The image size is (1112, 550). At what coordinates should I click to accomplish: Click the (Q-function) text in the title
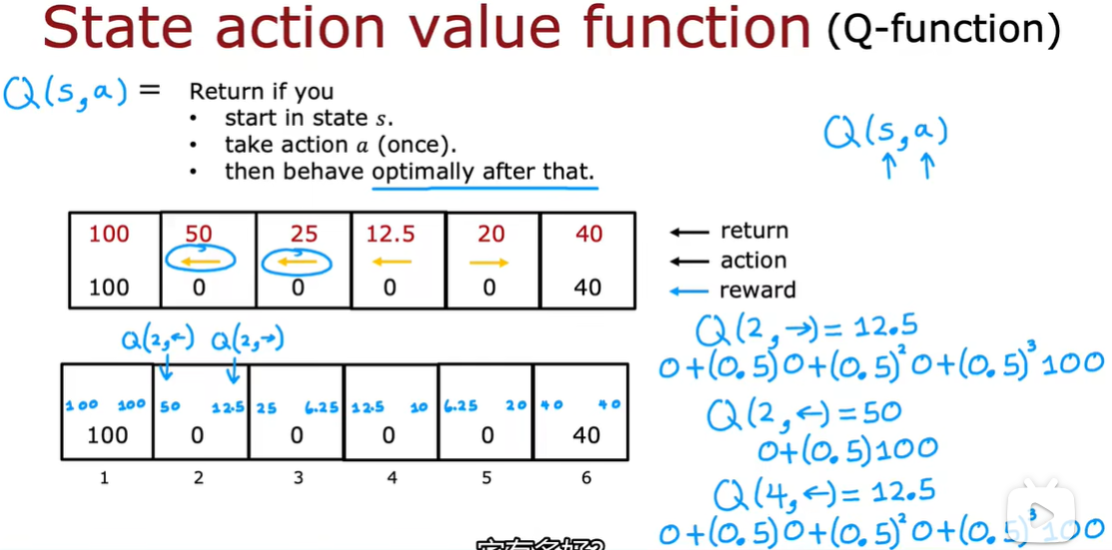coord(943,30)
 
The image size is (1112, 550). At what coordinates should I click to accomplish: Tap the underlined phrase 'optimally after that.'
coord(483,171)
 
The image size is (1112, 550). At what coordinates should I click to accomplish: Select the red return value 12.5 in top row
coord(390,234)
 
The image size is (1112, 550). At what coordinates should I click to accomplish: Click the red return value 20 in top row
coord(490,234)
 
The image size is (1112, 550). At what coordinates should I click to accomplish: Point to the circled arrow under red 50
coord(200,262)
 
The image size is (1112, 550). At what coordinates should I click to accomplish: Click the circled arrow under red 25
coord(296,263)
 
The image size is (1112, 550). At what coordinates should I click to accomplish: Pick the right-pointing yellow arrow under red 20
coord(489,263)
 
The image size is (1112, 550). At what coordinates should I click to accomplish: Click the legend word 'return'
coord(754,231)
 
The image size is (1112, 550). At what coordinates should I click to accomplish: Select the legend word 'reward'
coord(757,290)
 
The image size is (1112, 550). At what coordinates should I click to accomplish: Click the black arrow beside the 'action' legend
coord(689,262)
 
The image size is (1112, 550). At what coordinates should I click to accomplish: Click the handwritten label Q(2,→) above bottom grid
coord(247,339)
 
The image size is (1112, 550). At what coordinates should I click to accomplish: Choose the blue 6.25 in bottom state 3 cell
coord(321,407)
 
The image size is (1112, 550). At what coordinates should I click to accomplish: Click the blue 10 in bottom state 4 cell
coord(418,407)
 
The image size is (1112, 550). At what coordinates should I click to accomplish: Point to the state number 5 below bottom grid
coord(486,478)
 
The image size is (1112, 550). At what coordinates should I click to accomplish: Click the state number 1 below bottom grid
coord(104,478)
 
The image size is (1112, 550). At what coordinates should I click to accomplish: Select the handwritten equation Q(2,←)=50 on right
coord(804,413)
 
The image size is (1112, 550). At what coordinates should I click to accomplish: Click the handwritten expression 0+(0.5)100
coord(846,451)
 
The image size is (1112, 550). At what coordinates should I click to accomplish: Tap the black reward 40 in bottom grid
coord(586,435)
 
